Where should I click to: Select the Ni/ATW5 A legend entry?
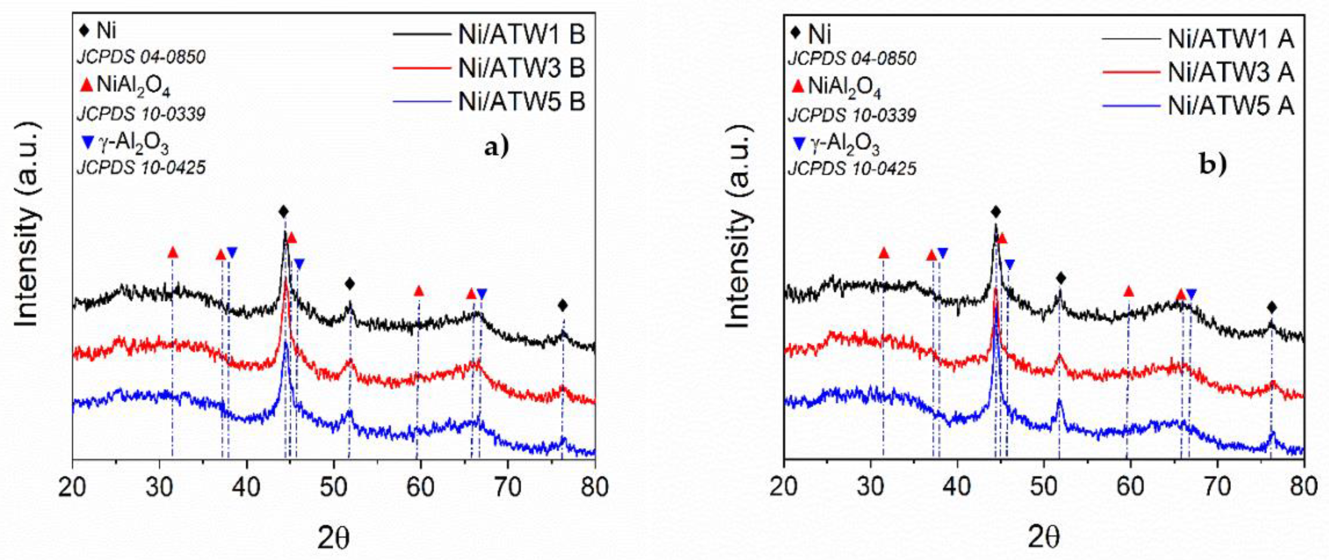click(1230, 107)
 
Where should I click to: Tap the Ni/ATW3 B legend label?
click(521, 68)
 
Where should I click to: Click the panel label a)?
click(497, 148)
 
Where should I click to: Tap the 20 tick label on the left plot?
click(73, 487)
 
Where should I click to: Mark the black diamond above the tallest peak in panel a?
click(283, 211)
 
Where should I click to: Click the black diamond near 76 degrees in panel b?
click(1272, 308)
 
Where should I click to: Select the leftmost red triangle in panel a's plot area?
click(173, 253)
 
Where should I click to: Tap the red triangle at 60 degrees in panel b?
click(1129, 292)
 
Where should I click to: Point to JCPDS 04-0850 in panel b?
click(852, 58)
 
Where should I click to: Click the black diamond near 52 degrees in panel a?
click(350, 284)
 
